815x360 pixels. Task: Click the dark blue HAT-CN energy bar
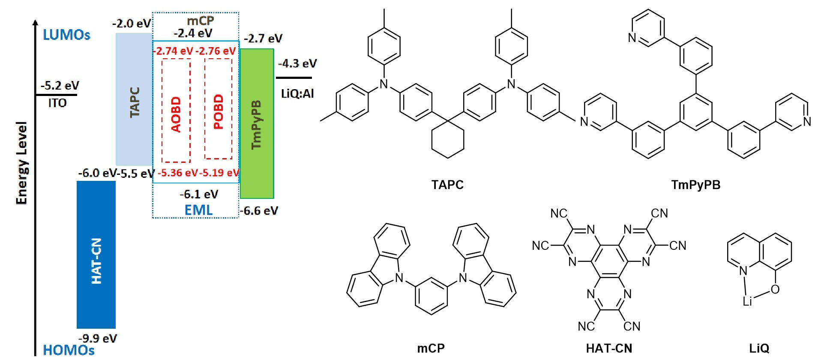(x=96, y=255)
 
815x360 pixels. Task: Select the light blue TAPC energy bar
(x=134, y=99)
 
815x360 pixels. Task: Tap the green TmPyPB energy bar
(x=257, y=123)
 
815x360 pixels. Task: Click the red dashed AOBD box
(x=176, y=111)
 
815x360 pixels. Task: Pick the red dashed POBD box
(x=218, y=109)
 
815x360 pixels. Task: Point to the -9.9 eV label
(x=98, y=339)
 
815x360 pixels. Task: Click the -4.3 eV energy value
(x=297, y=64)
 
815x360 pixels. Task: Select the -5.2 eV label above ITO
(x=60, y=86)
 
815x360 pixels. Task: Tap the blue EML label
(x=198, y=210)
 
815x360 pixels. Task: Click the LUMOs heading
(x=66, y=35)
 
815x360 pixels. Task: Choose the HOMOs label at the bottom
(x=69, y=350)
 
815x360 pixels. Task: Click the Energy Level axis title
(x=21, y=163)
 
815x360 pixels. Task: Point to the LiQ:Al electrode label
(x=297, y=93)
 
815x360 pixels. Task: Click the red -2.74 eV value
(x=174, y=51)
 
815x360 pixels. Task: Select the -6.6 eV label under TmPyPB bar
(x=259, y=211)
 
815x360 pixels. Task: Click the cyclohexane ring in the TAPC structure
(x=447, y=140)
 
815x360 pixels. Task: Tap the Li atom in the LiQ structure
(x=747, y=302)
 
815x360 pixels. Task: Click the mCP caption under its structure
(x=431, y=348)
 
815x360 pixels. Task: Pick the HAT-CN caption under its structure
(x=609, y=348)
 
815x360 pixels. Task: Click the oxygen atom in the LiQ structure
(x=775, y=290)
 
